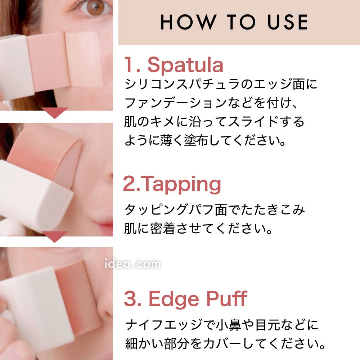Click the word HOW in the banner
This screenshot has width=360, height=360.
tap(188, 22)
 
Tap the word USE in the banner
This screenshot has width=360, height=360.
tap(287, 22)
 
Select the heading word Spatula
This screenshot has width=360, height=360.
tap(185, 65)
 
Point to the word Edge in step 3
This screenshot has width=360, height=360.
tap(174, 300)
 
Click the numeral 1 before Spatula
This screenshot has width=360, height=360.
tap(129, 65)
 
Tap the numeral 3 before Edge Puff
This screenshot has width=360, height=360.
tap(130, 298)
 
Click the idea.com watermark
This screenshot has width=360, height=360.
tap(132, 264)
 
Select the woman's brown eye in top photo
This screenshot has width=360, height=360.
tap(95, 7)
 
